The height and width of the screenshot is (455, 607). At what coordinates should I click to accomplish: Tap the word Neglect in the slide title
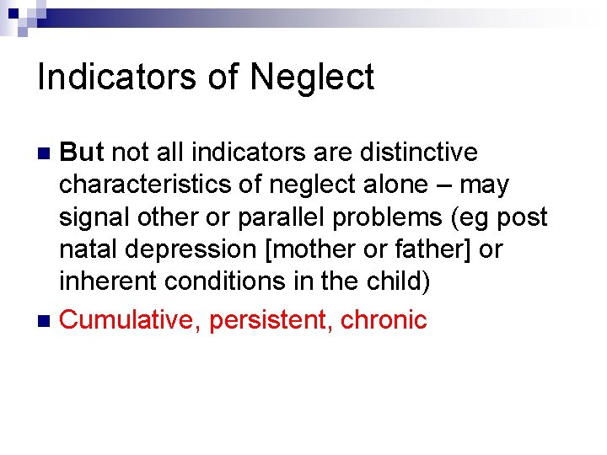(312, 78)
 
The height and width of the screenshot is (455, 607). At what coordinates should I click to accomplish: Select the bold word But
(82, 153)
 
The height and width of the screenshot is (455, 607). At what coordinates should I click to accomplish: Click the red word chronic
(384, 320)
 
